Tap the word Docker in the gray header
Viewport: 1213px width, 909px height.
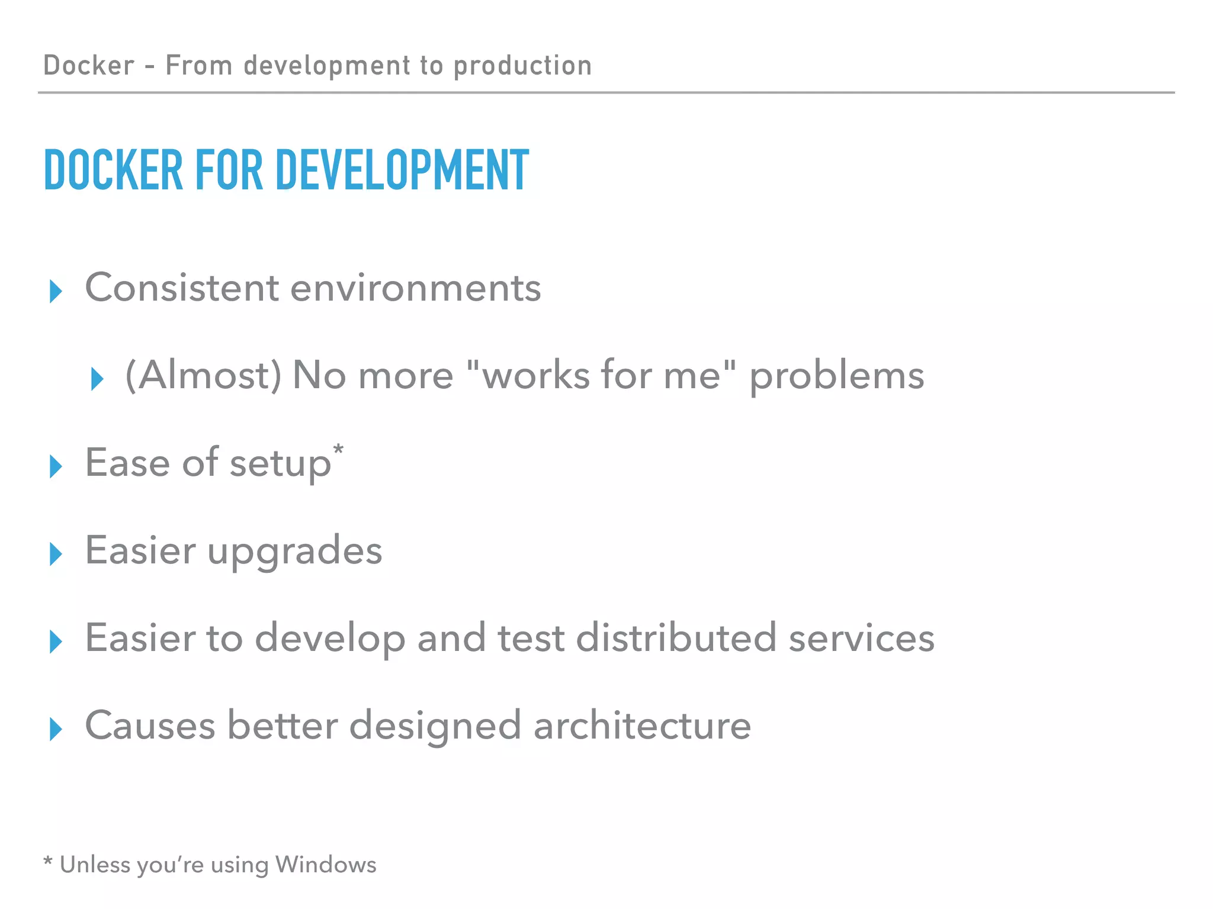89,65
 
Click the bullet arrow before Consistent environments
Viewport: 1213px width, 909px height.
56,291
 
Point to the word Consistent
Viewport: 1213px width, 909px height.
182,288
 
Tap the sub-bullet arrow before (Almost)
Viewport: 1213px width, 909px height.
97,379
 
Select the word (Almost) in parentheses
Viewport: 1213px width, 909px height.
203,376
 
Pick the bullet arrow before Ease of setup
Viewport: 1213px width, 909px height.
56,466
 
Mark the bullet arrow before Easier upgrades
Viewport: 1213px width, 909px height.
56,554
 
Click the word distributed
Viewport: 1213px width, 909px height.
676,638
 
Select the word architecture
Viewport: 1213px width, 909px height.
642,726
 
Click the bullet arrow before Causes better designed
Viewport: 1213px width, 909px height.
56,729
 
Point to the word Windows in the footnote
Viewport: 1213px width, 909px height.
326,865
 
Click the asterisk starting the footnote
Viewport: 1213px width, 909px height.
48,861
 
